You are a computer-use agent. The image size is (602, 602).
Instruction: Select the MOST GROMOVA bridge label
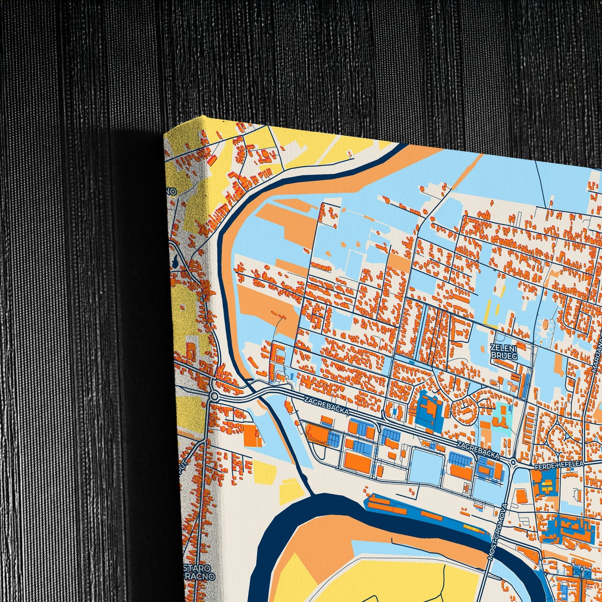[496, 532]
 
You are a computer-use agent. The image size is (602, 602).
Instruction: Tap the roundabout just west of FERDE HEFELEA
[514, 462]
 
